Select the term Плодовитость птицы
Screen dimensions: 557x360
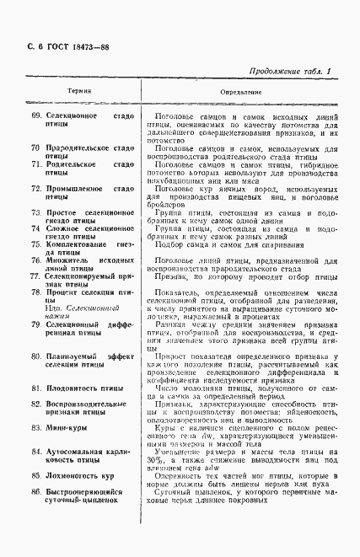coord(82,411)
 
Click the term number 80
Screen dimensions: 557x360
coord(35,356)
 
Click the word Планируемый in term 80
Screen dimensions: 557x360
coord(73,356)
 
